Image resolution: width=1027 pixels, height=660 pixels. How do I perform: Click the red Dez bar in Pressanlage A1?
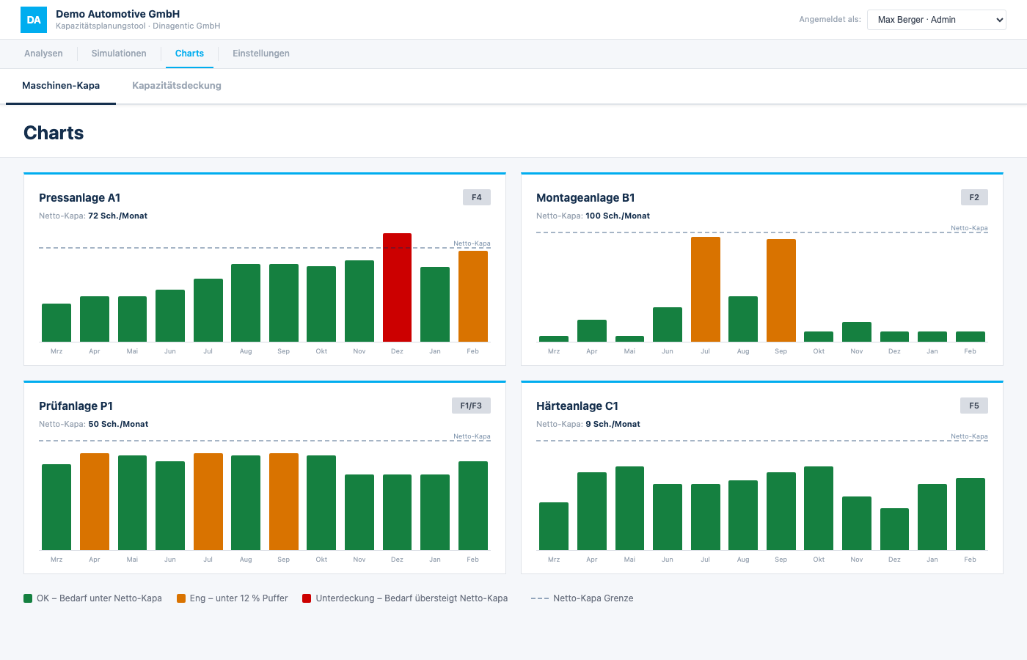tap(397, 287)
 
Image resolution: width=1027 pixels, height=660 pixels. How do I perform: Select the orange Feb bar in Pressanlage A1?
tap(472, 296)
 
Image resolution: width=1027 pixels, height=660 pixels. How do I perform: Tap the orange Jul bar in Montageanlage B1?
tap(705, 289)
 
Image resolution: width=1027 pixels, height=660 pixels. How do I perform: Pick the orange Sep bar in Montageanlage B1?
tap(781, 290)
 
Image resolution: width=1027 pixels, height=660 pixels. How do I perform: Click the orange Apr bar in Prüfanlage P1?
tap(95, 502)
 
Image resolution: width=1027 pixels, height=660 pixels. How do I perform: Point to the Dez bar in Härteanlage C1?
tap(894, 529)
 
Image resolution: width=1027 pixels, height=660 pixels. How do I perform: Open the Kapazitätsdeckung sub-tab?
tap(177, 85)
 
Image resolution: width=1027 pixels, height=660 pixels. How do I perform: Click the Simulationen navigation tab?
tap(119, 53)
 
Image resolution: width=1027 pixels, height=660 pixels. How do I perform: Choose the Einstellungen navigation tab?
tap(261, 53)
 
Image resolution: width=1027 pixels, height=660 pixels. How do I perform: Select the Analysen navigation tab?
tap(43, 53)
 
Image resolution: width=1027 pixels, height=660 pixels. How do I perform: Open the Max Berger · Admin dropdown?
tap(937, 20)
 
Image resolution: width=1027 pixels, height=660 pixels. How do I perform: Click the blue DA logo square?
tap(34, 20)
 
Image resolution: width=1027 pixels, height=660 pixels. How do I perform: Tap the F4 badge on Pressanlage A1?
tap(476, 197)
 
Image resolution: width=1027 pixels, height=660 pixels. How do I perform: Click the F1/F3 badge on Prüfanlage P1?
tap(471, 406)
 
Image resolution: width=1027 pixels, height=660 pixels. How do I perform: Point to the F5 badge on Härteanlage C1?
tap(974, 406)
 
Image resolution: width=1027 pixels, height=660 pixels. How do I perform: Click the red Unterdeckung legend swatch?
tap(307, 598)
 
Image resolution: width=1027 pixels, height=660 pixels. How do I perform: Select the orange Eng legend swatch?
tap(181, 598)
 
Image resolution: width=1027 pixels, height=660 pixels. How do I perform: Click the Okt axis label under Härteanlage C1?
tap(819, 559)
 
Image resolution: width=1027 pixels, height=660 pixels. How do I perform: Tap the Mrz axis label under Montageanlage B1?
tap(553, 351)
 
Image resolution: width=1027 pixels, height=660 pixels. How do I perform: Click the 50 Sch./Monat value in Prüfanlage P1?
tap(118, 424)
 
